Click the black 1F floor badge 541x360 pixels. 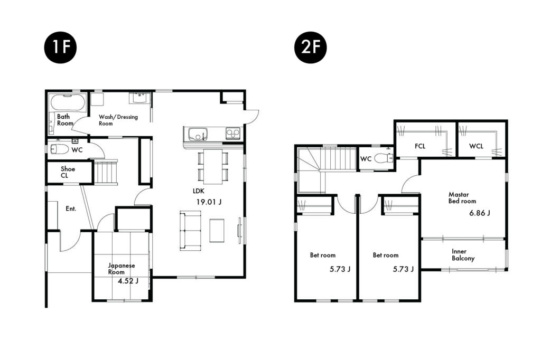click(60, 47)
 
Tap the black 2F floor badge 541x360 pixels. click(310, 47)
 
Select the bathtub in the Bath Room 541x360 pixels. click(68, 102)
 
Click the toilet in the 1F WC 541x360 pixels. click(60, 149)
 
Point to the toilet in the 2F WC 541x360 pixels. click(384, 158)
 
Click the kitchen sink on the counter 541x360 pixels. click(197, 134)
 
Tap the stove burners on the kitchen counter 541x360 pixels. click(232, 133)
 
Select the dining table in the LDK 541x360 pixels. click(213, 167)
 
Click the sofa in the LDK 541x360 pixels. click(190, 230)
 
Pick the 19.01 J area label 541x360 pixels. click(209, 202)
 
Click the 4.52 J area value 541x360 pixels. click(128, 281)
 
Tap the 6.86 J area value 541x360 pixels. click(480, 213)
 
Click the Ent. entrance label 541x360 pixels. click(71, 209)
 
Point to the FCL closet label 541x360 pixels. click(420, 146)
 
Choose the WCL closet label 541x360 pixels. click(476, 146)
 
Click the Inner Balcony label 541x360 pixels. click(463, 255)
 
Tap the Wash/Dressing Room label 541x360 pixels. click(118, 120)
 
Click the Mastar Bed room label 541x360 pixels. click(462, 197)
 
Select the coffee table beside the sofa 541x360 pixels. click(217, 230)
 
